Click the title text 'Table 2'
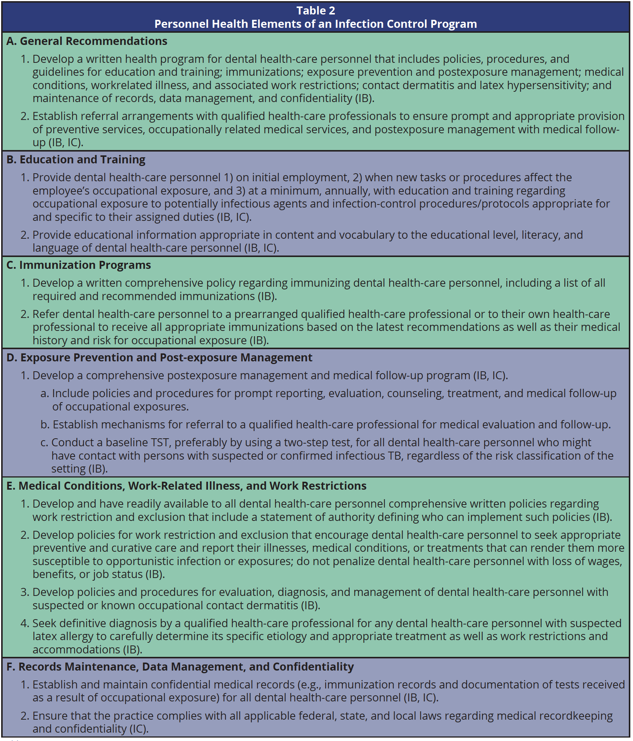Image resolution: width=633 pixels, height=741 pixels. (x=316, y=11)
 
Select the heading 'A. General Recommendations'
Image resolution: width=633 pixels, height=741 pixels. (x=87, y=41)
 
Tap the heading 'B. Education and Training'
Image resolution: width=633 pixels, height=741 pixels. (x=76, y=160)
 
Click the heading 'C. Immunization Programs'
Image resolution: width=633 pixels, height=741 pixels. (x=79, y=265)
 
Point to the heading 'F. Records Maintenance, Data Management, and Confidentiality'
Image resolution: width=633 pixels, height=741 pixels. (x=180, y=667)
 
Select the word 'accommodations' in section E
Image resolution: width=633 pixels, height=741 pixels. (x=76, y=649)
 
